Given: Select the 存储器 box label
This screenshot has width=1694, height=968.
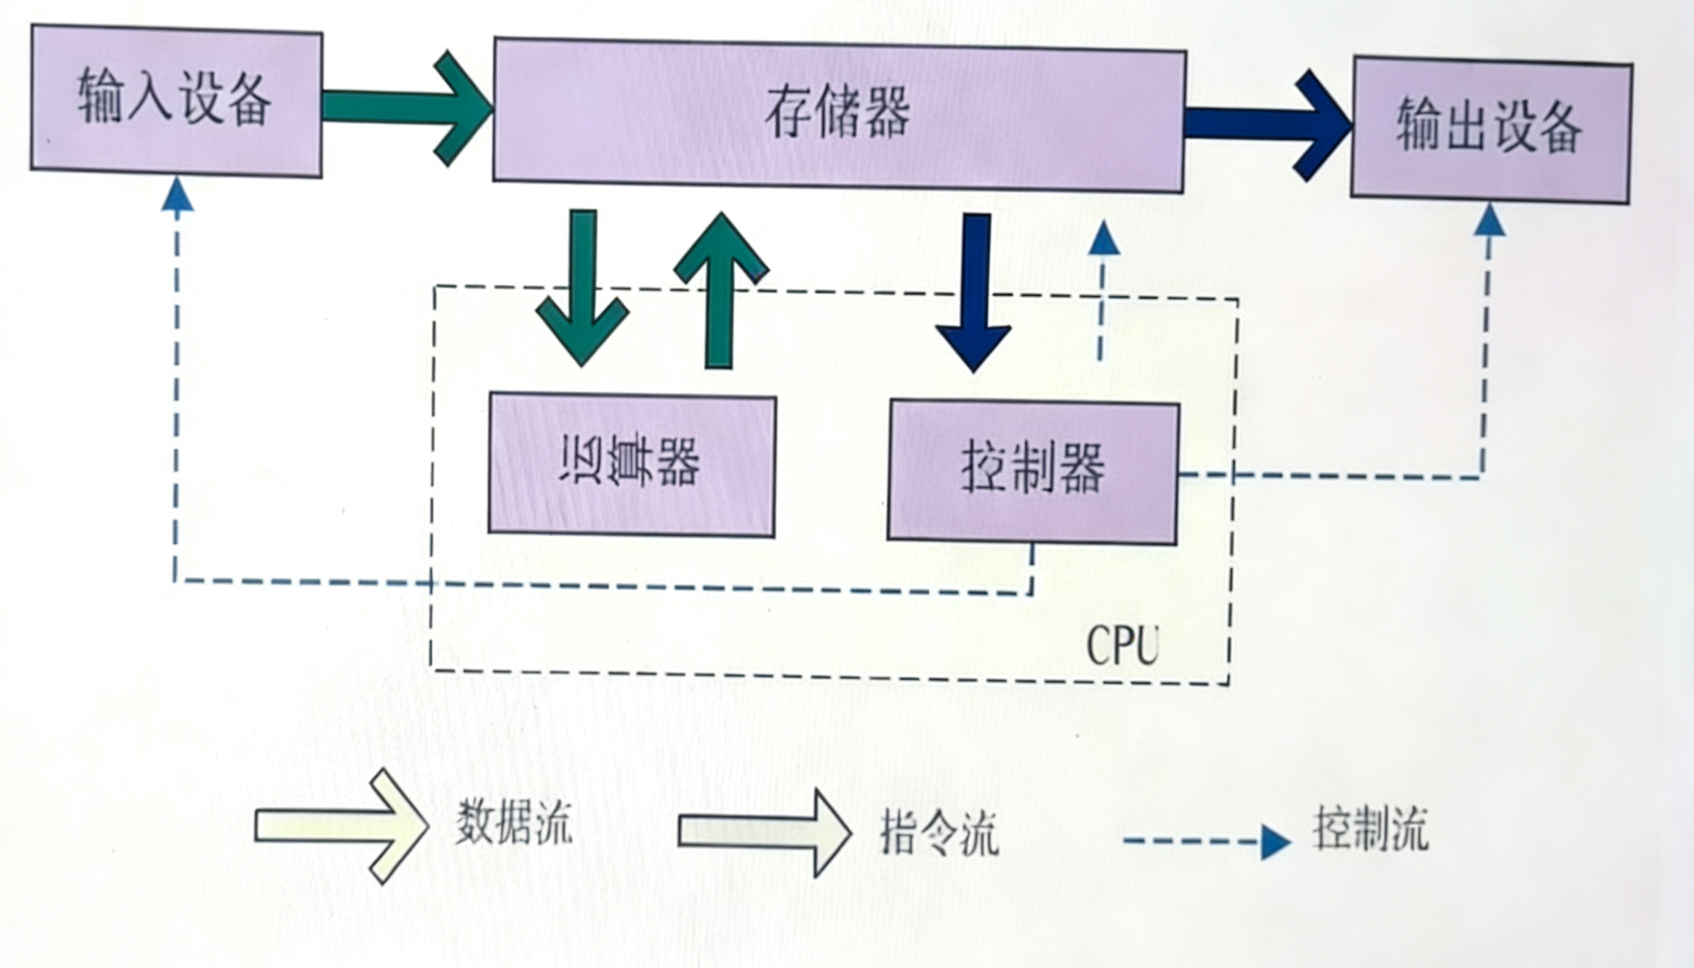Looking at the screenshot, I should point(837,113).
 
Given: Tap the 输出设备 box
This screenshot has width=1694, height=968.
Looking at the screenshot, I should point(1490,129).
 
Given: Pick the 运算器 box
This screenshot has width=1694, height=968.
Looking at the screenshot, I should point(632,464).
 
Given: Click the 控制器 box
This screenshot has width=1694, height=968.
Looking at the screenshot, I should point(1033,471).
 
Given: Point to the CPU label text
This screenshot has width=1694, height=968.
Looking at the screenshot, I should point(1122,646).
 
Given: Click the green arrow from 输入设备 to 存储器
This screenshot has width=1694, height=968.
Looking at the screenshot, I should point(407,108).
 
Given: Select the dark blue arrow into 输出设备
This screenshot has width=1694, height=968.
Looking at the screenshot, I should point(1268,125).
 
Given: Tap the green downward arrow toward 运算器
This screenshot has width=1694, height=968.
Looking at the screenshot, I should point(583,290).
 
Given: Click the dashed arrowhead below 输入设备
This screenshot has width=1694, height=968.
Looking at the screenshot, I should point(177,195).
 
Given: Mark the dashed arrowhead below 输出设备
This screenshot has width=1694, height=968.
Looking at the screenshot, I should point(1489,221).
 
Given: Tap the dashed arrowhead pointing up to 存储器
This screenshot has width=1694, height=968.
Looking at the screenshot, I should point(1103,239).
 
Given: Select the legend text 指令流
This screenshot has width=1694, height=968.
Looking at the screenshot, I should point(939,833).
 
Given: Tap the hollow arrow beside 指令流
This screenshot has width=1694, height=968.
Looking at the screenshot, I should point(763,833).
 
